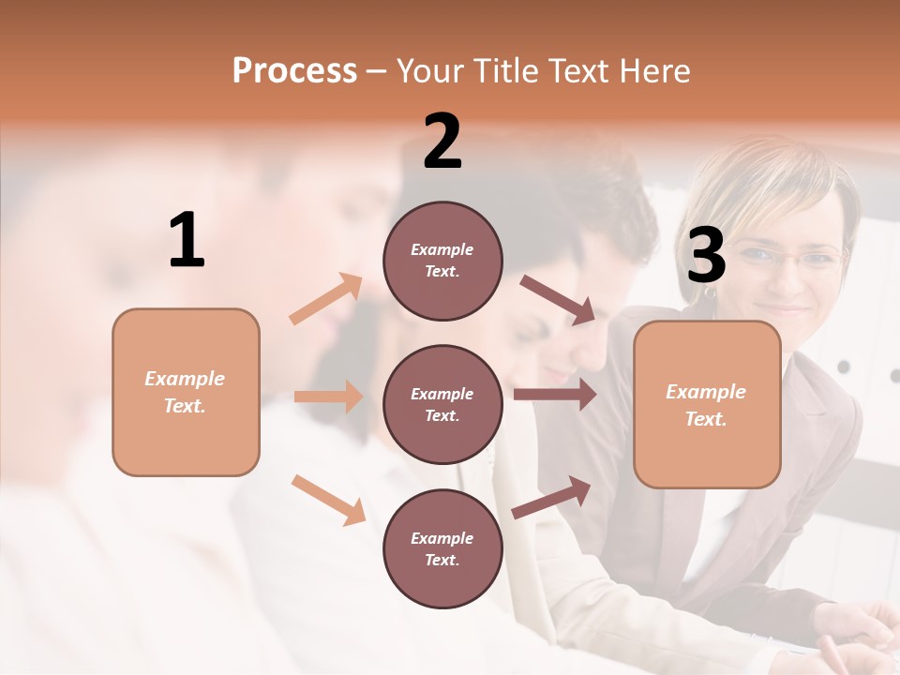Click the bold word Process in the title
pos(294,71)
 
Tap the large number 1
pos(187,241)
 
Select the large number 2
pos(442,142)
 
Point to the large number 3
pos(706,256)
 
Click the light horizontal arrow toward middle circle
pos(328,397)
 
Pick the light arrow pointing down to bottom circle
pos(328,500)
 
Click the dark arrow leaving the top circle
pos(558,300)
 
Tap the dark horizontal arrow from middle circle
pos(555,395)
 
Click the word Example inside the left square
pos(185,379)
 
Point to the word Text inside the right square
pos(705,419)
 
